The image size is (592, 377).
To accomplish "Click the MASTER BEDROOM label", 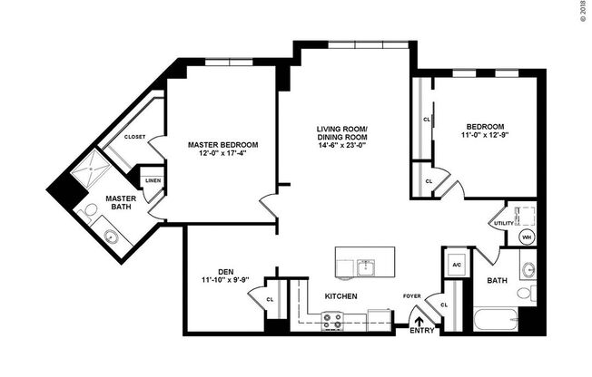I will point(222,144).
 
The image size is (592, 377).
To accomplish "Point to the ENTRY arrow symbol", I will point(419,318).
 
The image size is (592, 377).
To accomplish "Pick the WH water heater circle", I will point(525,237).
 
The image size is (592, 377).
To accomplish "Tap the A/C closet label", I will point(458,265).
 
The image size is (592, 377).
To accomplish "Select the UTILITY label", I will point(502,223).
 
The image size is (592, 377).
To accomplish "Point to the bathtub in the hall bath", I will point(496,320).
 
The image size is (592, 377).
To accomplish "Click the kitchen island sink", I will point(366,266).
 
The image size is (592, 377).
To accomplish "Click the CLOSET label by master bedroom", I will point(134,137).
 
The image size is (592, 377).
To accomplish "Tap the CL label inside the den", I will point(270,300).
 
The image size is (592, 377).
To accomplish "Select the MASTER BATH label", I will point(120,204).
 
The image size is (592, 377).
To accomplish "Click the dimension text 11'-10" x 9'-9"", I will point(219,280).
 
